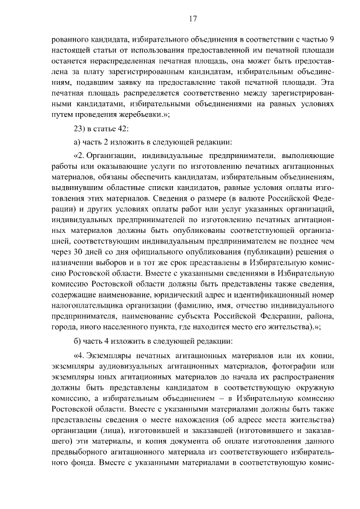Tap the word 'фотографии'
click(x=292, y=366)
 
